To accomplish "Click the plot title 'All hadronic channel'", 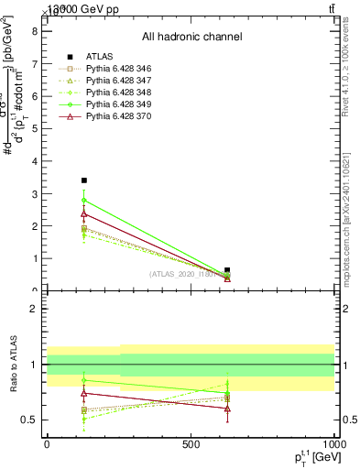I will point(191,37).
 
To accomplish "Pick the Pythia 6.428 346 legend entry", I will point(106,71).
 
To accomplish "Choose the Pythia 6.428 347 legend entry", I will point(106,82).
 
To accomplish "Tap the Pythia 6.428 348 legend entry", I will point(106,93).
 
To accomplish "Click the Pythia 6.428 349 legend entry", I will point(106,105).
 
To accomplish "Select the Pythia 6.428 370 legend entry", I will point(106,117).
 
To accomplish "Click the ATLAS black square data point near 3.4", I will point(84,180).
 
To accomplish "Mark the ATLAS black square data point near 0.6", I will point(227,270).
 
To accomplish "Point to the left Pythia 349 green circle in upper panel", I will point(84,200).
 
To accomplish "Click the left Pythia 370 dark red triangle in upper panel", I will point(84,214).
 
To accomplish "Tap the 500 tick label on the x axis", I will point(191,444).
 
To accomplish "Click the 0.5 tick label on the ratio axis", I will point(29,420).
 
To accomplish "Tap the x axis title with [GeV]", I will point(307,457).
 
